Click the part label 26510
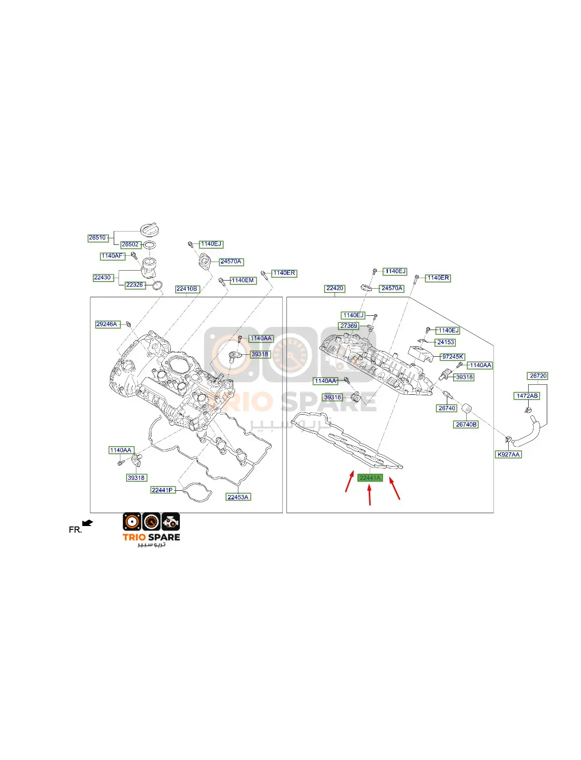[x=98, y=238]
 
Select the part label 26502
[x=130, y=244]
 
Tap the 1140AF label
[x=113, y=256]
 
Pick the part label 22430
[x=103, y=278]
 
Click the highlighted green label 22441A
[x=370, y=478]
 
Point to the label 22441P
[x=163, y=490]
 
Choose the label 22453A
[x=238, y=497]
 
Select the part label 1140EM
[x=243, y=281]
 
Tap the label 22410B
[x=187, y=289]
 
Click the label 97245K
[x=453, y=357]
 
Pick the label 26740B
[x=466, y=425]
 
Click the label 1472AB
[x=527, y=396]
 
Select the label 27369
[x=348, y=326]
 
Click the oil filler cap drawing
[x=149, y=230]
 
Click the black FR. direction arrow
[x=88, y=523]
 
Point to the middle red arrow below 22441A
[x=370, y=495]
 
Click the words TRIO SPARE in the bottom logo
[x=151, y=537]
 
